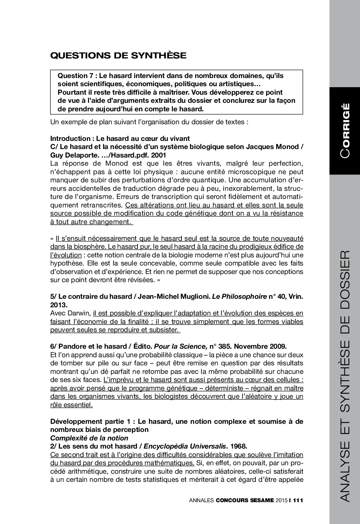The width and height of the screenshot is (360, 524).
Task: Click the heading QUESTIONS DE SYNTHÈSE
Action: (x=118, y=56)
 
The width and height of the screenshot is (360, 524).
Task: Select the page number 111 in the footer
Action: (x=298, y=500)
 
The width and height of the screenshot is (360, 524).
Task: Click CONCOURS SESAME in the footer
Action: (x=245, y=500)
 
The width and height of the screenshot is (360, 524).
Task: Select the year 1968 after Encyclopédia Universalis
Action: (x=238, y=446)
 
